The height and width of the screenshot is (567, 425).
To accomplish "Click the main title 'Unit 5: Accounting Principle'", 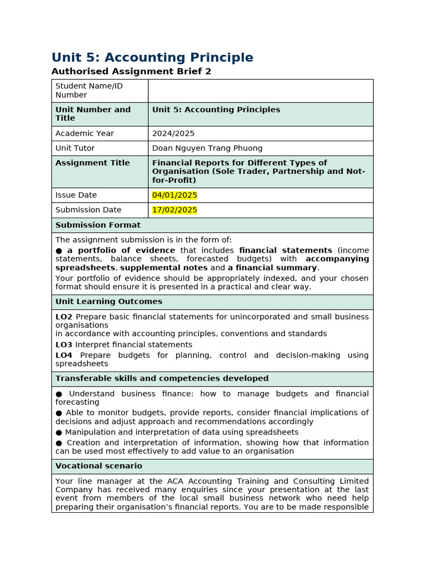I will (152, 58).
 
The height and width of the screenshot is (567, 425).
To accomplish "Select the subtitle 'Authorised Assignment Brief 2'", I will (131, 71).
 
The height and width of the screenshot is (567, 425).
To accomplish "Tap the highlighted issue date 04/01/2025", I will (174, 195).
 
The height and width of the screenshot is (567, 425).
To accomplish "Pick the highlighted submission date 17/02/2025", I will (174, 210).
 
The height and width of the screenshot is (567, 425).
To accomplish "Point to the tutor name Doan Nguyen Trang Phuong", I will (207, 148).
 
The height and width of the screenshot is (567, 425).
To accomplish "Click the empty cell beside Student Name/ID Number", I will (260, 91).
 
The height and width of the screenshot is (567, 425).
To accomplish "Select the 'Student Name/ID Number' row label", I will (89, 90).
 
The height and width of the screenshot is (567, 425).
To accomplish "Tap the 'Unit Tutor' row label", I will (75, 148).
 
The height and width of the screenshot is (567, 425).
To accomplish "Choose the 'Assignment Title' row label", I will (92, 163).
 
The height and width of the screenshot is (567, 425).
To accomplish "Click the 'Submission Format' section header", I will (98, 225).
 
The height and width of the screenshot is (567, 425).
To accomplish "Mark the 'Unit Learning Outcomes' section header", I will (108, 302).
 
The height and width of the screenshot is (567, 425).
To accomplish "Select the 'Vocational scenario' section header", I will (99, 466).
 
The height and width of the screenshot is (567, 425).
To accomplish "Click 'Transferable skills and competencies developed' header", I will (162, 379).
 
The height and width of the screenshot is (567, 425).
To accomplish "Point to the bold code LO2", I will (64, 317).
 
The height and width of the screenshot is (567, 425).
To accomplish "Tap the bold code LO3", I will (64, 345).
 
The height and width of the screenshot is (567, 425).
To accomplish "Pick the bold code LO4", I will (64, 355).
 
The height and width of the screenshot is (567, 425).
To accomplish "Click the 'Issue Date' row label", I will (76, 195).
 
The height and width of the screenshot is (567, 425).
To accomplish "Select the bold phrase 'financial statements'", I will (286, 250).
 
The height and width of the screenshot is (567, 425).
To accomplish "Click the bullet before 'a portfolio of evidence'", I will (59, 251).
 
